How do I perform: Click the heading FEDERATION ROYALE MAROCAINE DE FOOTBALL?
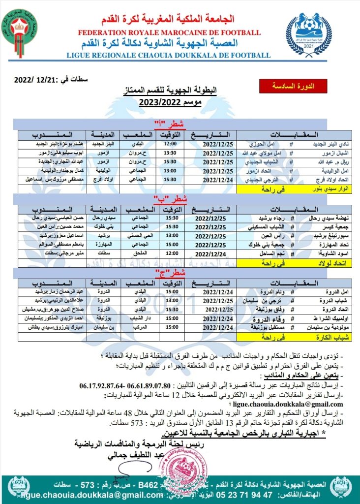pos(170,32)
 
